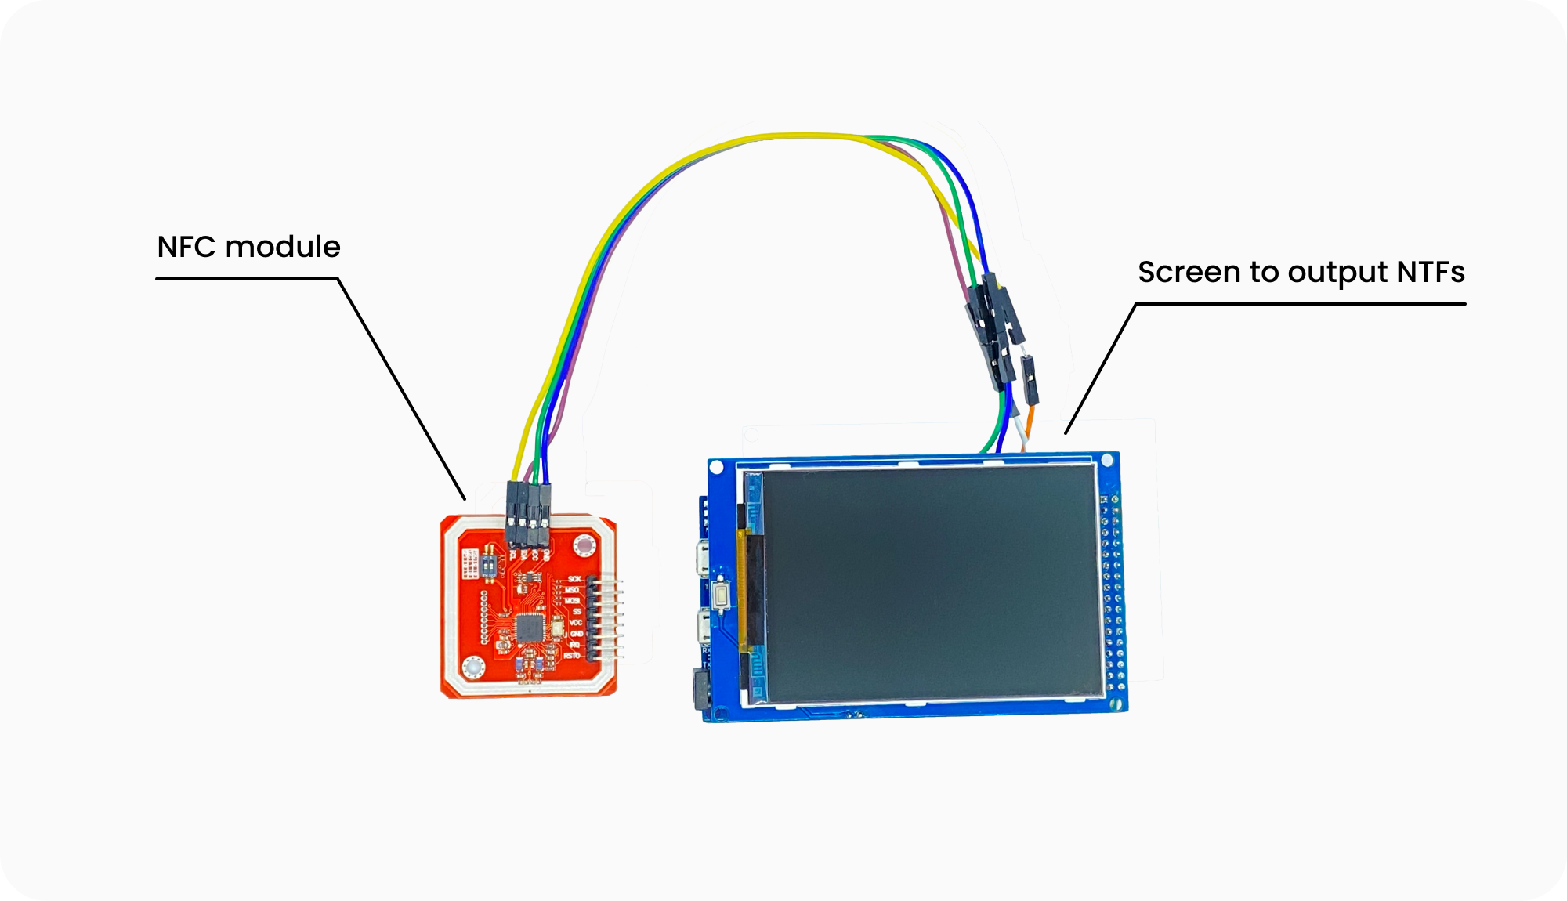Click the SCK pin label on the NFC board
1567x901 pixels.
(x=574, y=579)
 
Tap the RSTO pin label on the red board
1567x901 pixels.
(x=571, y=655)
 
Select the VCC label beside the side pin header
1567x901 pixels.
(x=575, y=622)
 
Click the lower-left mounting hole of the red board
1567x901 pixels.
(x=473, y=668)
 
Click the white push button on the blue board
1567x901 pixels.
(x=720, y=594)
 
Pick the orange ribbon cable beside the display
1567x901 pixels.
(x=740, y=588)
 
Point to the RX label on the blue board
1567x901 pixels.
(x=705, y=650)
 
